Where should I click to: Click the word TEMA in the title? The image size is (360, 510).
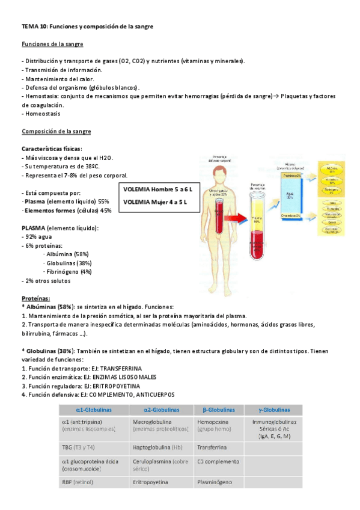29,26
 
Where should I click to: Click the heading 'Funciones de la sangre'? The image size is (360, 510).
52,45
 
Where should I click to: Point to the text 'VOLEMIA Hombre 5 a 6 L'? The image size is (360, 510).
154,189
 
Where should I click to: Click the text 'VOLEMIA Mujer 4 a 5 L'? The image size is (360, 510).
154,201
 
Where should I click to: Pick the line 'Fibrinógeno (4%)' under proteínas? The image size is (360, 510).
67,271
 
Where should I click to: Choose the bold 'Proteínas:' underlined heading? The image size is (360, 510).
36,298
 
